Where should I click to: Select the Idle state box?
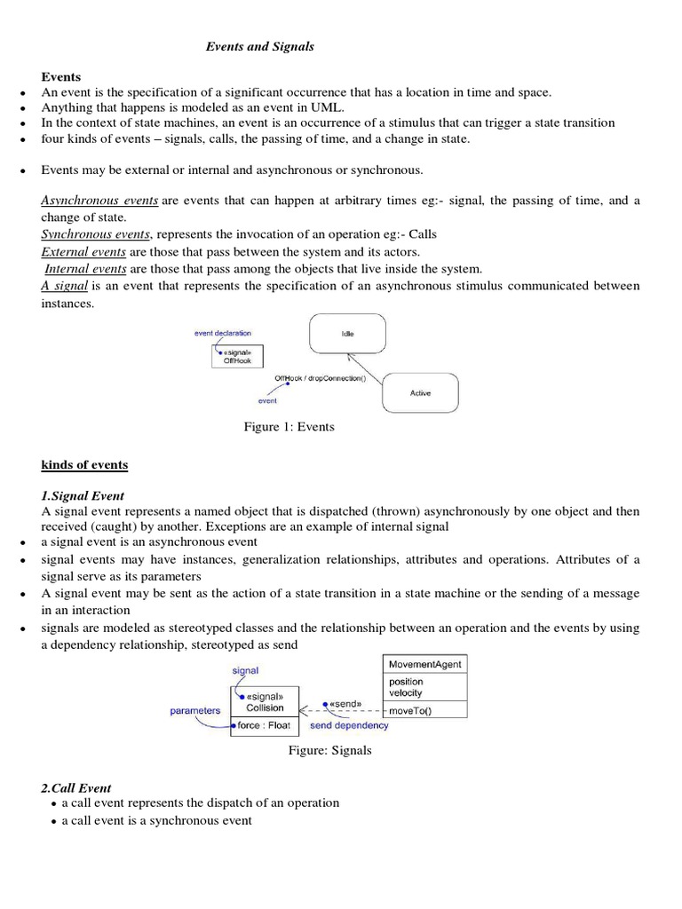pyautogui.click(x=347, y=334)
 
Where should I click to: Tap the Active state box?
pyautogui.click(x=420, y=392)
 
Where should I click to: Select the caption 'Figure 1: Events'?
pyautogui.click(x=289, y=427)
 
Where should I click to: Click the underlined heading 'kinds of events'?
pyautogui.click(x=84, y=465)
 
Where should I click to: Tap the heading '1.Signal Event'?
pyautogui.click(x=83, y=495)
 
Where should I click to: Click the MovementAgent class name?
pyautogui.click(x=425, y=664)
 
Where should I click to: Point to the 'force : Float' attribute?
pyautogui.click(x=265, y=725)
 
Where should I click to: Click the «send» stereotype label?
pyautogui.click(x=345, y=704)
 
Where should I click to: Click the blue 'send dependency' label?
pyautogui.click(x=349, y=725)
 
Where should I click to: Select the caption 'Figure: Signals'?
pyautogui.click(x=329, y=751)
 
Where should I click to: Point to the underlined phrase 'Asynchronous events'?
pyautogui.click(x=99, y=201)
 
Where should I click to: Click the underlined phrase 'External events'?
pyautogui.click(x=83, y=252)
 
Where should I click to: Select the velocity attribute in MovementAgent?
pyautogui.click(x=406, y=693)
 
